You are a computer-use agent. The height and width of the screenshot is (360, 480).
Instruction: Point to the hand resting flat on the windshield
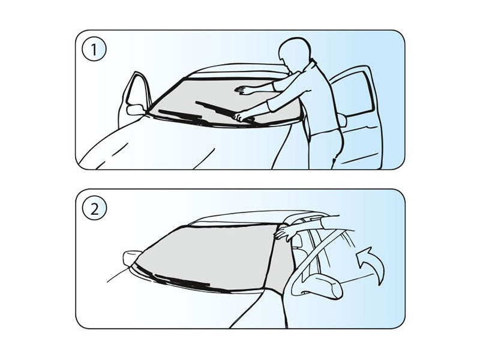(244, 90)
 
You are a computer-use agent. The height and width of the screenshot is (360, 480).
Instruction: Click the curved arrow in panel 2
(370, 261)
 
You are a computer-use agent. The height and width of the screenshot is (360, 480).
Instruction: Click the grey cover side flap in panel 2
(280, 264)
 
